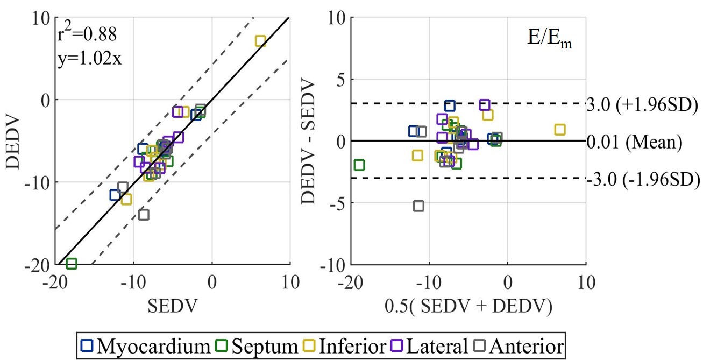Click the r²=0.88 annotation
click(x=87, y=35)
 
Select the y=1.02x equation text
click(x=90, y=58)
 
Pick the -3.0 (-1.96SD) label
click(x=642, y=178)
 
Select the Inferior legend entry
click(x=344, y=345)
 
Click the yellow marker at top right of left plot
click(x=260, y=41)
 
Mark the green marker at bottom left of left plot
click(x=71, y=264)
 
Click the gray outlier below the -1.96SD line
click(x=418, y=206)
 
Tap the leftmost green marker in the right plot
click(x=359, y=165)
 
